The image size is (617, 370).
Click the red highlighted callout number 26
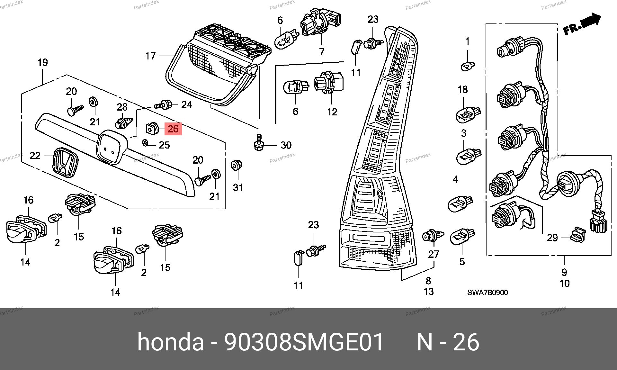click(173, 129)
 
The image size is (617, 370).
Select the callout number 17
click(150, 56)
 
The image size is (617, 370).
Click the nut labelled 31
click(237, 166)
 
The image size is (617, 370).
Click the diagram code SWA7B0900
click(487, 293)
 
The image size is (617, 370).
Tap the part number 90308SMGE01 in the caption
click(304, 342)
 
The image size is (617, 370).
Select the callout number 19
click(43, 62)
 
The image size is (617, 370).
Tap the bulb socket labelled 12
click(328, 83)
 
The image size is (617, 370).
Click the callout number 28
click(122, 107)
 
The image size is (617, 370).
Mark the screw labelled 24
click(164, 104)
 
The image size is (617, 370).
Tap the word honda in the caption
click(170, 342)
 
